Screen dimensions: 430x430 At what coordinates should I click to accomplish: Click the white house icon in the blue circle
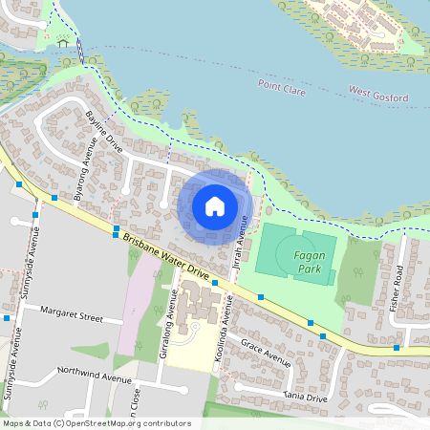tap(215, 205)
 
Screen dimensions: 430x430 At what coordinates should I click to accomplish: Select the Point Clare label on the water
tap(283, 84)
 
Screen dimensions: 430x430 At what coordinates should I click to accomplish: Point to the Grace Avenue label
tap(265, 351)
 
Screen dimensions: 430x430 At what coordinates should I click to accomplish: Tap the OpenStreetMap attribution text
tap(97, 423)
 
